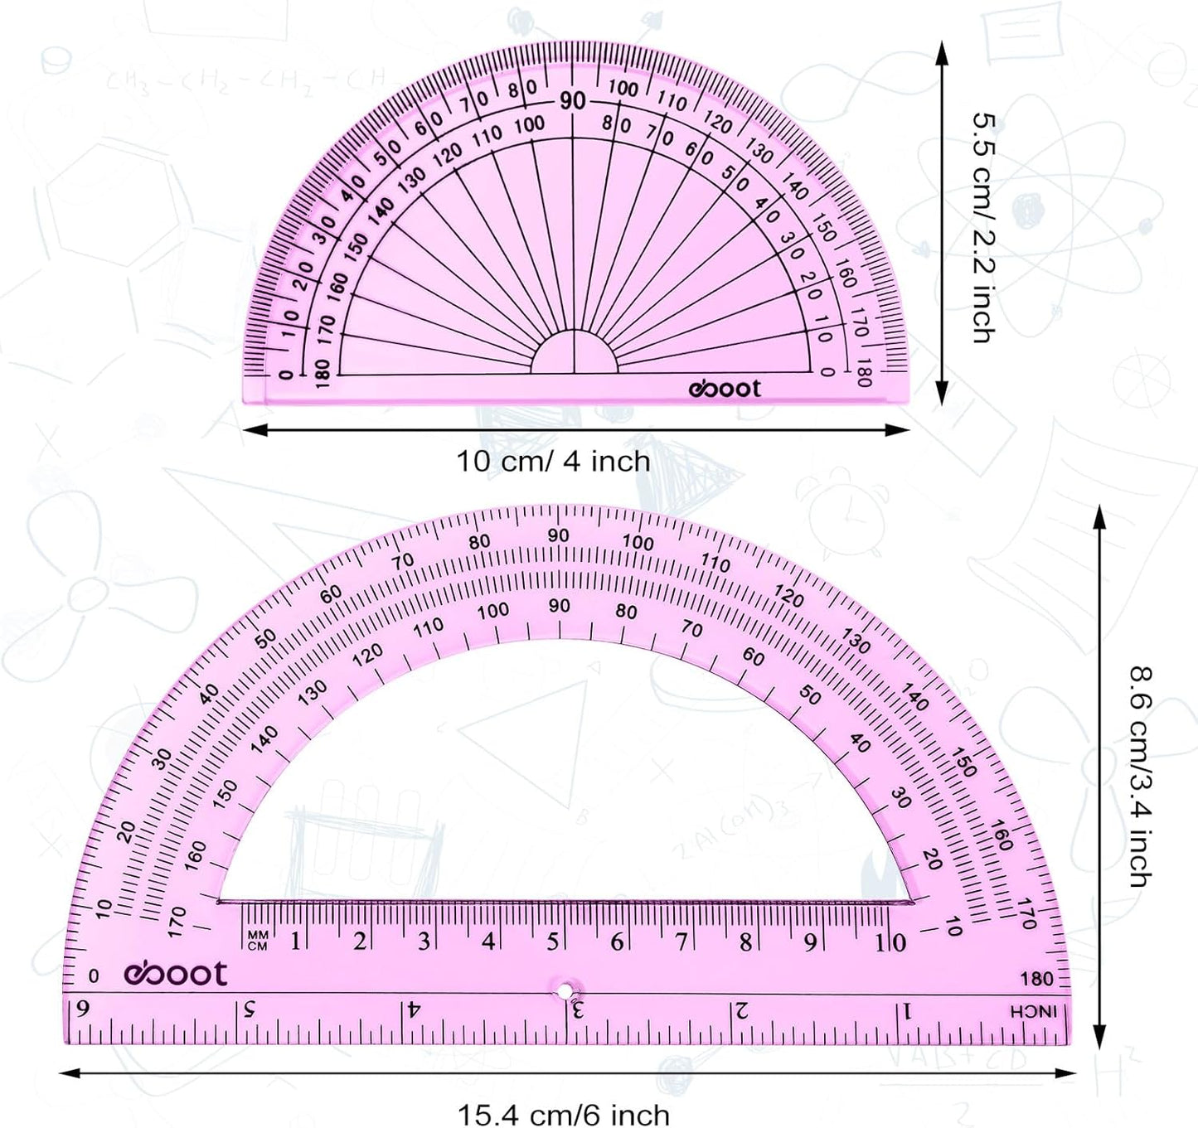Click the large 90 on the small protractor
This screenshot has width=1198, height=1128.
(572, 101)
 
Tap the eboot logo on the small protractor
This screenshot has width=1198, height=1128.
(724, 389)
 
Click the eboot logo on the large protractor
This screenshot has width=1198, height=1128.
(176, 974)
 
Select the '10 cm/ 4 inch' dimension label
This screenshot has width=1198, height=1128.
(553, 461)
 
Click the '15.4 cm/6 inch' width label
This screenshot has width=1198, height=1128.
(564, 1114)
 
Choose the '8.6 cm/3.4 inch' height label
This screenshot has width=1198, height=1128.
(1142, 777)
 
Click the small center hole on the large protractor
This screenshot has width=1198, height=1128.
(565, 991)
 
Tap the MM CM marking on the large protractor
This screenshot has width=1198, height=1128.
(258, 941)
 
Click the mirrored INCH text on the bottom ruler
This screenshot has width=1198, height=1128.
(1033, 1012)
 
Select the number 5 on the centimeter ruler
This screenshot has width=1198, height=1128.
(552, 942)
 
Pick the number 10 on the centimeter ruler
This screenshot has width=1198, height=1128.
(890, 942)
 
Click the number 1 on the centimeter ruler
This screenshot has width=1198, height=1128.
(295, 942)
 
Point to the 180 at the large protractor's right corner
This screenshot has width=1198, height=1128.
(1036, 979)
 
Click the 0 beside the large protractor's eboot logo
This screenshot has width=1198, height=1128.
(94, 976)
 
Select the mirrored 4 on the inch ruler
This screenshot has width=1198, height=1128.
(413, 1010)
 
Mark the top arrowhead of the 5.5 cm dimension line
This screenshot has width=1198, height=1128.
(942, 52)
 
